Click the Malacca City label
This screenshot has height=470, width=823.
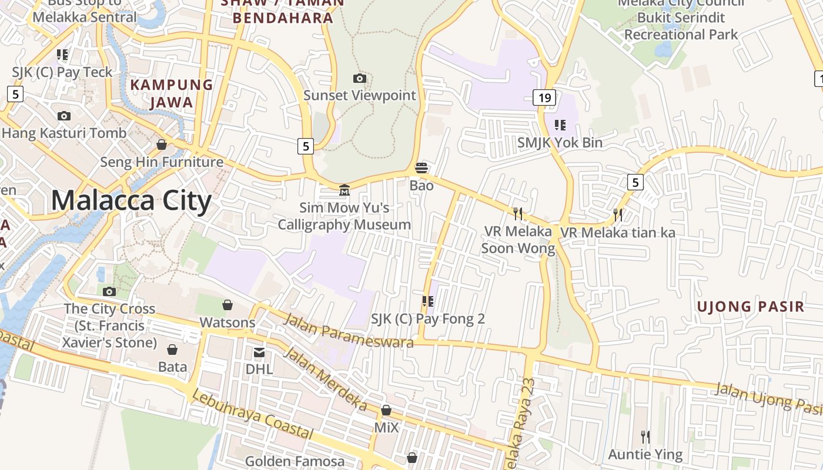pos(131,201)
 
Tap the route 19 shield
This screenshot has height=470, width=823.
pos(544,98)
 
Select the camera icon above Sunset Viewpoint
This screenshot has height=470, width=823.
pos(359,78)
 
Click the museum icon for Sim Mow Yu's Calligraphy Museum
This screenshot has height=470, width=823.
pos(344,190)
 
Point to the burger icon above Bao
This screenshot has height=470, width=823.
pos(421,168)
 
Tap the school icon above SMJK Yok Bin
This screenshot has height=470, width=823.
pos(560,125)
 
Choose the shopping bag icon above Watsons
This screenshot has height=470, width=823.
pos(228,305)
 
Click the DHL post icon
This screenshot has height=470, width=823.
pos(259,352)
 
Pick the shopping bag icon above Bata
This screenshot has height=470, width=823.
pos(172,350)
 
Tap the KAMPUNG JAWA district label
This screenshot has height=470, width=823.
pos(171,93)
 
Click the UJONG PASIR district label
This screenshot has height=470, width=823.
pos(750,306)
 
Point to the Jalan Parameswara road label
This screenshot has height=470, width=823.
pos(349,330)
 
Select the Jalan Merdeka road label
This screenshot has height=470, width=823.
pos(325,379)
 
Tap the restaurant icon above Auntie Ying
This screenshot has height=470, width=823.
pos(645,437)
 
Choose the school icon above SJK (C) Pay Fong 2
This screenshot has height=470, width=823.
pos(428,301)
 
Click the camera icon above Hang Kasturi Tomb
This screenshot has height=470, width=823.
pos(64,116)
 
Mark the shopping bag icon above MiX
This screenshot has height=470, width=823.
pos(386,410)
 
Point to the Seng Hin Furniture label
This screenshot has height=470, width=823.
pos(162,162)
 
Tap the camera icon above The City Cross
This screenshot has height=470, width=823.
pos(109,291)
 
